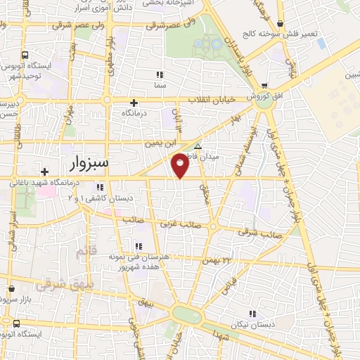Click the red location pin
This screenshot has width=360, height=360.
pyautogui.click(x=181, y=165)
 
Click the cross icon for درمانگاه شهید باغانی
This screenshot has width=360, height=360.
pyautogui.click(x=44, y=172)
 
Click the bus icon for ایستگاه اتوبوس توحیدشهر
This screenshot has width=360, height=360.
pyautogui.click(x=25, y=56)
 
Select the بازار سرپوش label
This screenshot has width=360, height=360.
pyautogui.click(x=21, y=297)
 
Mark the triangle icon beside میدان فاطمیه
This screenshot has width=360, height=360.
pyautogui.click(x=198, y=147)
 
